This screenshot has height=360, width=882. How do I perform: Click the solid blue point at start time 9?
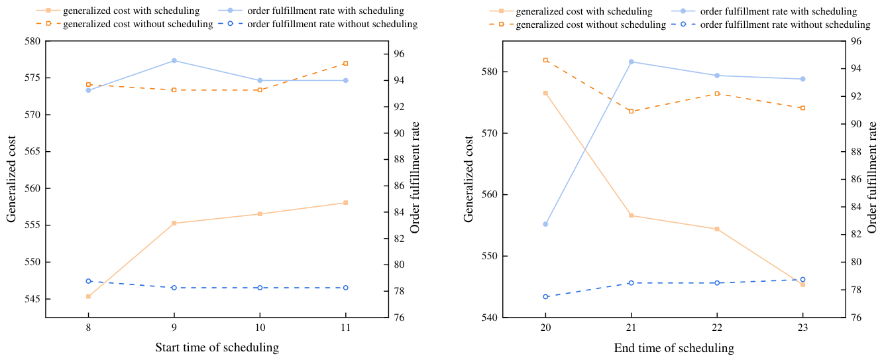click(x=174, y=60)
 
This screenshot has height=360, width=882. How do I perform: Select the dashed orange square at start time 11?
click(x=346, y=64)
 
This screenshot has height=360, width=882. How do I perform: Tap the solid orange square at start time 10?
click(x=260, y=214)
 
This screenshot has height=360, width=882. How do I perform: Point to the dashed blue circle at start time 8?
click(x=88, y=281)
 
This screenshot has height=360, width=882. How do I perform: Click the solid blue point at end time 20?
click(x=545, y=224)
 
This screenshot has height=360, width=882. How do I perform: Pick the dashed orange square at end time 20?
click(x=545, y=60)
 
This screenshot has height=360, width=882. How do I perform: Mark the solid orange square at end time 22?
click(x=717, y=229)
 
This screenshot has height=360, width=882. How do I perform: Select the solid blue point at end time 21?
click(x=631, y=62)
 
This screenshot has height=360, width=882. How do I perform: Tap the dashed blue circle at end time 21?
click(x=631, y=283)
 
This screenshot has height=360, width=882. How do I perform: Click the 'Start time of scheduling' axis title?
click(x=217, y=347)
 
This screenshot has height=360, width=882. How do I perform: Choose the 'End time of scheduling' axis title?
click(x=674, y=348)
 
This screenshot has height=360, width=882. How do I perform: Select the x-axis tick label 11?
click(x=345, y=328)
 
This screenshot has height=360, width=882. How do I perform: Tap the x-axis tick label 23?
click(x=802, y=328)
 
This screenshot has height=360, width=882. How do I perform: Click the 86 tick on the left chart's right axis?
click(x=399, y=186)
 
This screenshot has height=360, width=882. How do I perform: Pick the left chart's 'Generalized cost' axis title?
click(x=11, y=179)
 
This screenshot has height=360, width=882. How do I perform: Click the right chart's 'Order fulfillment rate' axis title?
click(x=872, y=177)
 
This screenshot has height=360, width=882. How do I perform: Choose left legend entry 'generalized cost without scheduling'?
click(x=138, y=24)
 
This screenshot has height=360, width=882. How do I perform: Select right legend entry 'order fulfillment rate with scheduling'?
click(x=779, y=11)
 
